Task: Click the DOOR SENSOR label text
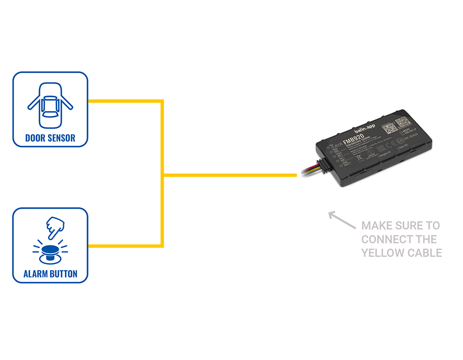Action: coord(50,138)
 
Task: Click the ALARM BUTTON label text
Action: coord(50,274)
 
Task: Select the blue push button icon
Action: coord(50,253)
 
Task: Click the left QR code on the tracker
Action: coord(388,127)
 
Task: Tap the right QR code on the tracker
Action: coord(402,122)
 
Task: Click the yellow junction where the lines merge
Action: coord(163,175)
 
